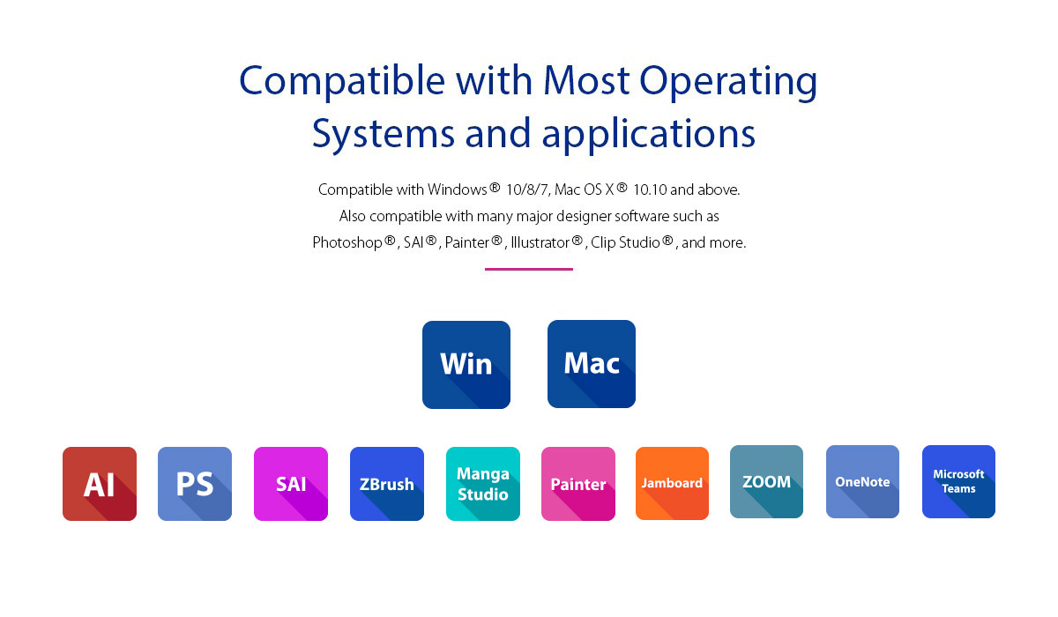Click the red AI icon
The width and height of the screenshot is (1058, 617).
99,484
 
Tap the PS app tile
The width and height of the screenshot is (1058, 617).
195,484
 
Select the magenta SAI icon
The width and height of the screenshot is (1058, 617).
291,484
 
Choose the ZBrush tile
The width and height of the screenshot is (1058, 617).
387,484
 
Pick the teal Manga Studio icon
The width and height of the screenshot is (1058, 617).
483,484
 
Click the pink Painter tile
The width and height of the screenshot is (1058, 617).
578,484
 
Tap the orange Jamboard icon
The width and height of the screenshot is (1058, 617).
672,483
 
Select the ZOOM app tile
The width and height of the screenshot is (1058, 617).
766,481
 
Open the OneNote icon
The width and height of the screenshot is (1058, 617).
862,481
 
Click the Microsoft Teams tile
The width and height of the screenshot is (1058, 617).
959,481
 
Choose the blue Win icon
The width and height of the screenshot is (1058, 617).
466,364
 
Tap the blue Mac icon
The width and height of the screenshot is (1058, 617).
592,364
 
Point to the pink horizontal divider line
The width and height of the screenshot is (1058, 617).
529,269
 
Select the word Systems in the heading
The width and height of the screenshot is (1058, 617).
383,135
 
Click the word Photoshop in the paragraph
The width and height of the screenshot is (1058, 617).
347,243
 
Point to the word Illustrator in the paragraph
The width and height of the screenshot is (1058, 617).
540,242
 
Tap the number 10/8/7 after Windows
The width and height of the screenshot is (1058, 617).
527,190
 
